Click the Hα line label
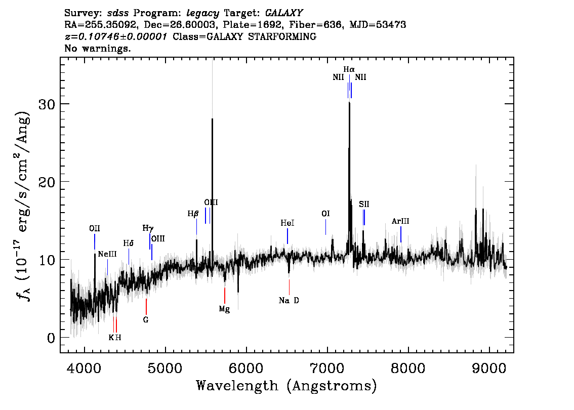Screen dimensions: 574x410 349,69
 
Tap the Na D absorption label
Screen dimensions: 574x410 289,301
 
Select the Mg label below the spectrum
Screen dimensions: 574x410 224,309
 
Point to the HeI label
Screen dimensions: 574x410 288,223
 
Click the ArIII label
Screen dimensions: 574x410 400,221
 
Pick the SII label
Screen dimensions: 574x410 364,204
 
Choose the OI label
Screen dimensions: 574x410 325,214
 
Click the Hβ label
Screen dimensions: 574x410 193,214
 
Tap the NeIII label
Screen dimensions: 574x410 107,254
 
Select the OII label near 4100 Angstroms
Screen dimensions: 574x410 95,228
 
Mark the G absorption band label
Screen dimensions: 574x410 146,319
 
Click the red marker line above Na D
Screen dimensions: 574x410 289,287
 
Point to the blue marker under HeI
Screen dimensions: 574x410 288,236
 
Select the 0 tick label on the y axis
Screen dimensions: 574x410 51,338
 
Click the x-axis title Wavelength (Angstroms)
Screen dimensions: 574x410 286,386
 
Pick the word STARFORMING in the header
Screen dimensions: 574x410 282,36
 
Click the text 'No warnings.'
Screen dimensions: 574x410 97,48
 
